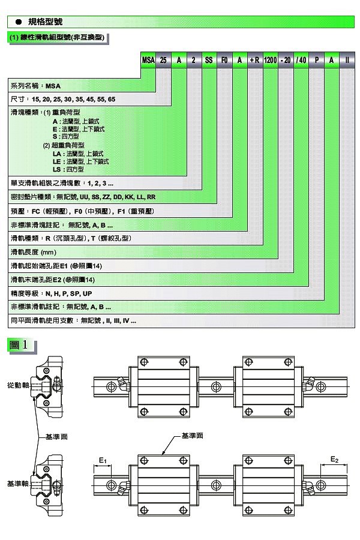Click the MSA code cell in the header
click(x=148, y=60)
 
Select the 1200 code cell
click(x=270, y=60)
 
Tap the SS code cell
click(x=209, y=60)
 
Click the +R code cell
click(x=254, y=60)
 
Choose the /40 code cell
click(x=301, y=60)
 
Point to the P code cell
click(x=317, y=60)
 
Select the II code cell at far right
click(x=347, y=60)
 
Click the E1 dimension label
click(x=103, y=460)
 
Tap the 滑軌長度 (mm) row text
click(x=34, y=252)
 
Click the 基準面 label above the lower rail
click(x=192, y=436)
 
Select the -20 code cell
click(x=286, y=60)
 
